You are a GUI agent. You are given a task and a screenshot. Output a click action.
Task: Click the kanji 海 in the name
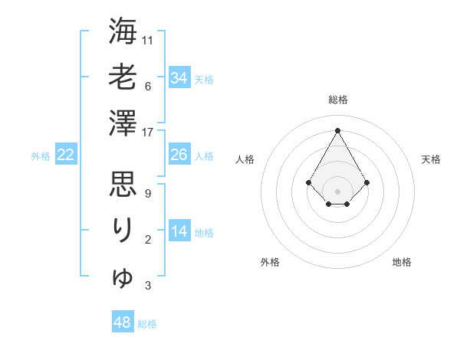[x=123, y=31]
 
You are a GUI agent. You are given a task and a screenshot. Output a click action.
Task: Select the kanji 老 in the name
[x=123, y=77]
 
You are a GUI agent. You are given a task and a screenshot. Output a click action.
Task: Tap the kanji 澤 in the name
[x=123, y=122]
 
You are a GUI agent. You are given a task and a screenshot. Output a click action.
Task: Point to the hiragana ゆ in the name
[x=123, y=277]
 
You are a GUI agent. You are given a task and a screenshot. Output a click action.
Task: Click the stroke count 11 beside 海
[x=148, y=40]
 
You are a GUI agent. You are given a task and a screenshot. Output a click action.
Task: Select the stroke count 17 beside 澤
[x=148, y=132]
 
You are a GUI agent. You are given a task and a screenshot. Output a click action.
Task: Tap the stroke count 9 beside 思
[x=147, y=194]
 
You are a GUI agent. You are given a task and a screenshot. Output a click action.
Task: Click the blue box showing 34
[x=179, y=77]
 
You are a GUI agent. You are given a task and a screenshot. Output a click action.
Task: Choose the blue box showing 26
[x=179, y=155]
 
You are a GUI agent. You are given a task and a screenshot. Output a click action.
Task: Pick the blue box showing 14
[x=179, y=231]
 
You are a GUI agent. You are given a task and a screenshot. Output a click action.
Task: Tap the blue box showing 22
[x=66, y=155]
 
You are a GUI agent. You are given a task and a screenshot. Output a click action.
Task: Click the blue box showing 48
[x=123, y=322]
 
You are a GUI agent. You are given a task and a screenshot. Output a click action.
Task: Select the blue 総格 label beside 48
[x=147, y=324]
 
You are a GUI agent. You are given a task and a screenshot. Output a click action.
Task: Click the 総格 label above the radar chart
[x=337, y=100]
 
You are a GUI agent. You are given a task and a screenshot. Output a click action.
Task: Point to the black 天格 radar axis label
[x=432, y=159]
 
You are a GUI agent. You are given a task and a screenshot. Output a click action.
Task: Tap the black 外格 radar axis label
[x=270, y=262]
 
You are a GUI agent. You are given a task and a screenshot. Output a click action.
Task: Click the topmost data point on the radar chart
[x=337, y=129]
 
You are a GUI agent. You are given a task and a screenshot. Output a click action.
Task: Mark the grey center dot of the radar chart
[x=337, y=191]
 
